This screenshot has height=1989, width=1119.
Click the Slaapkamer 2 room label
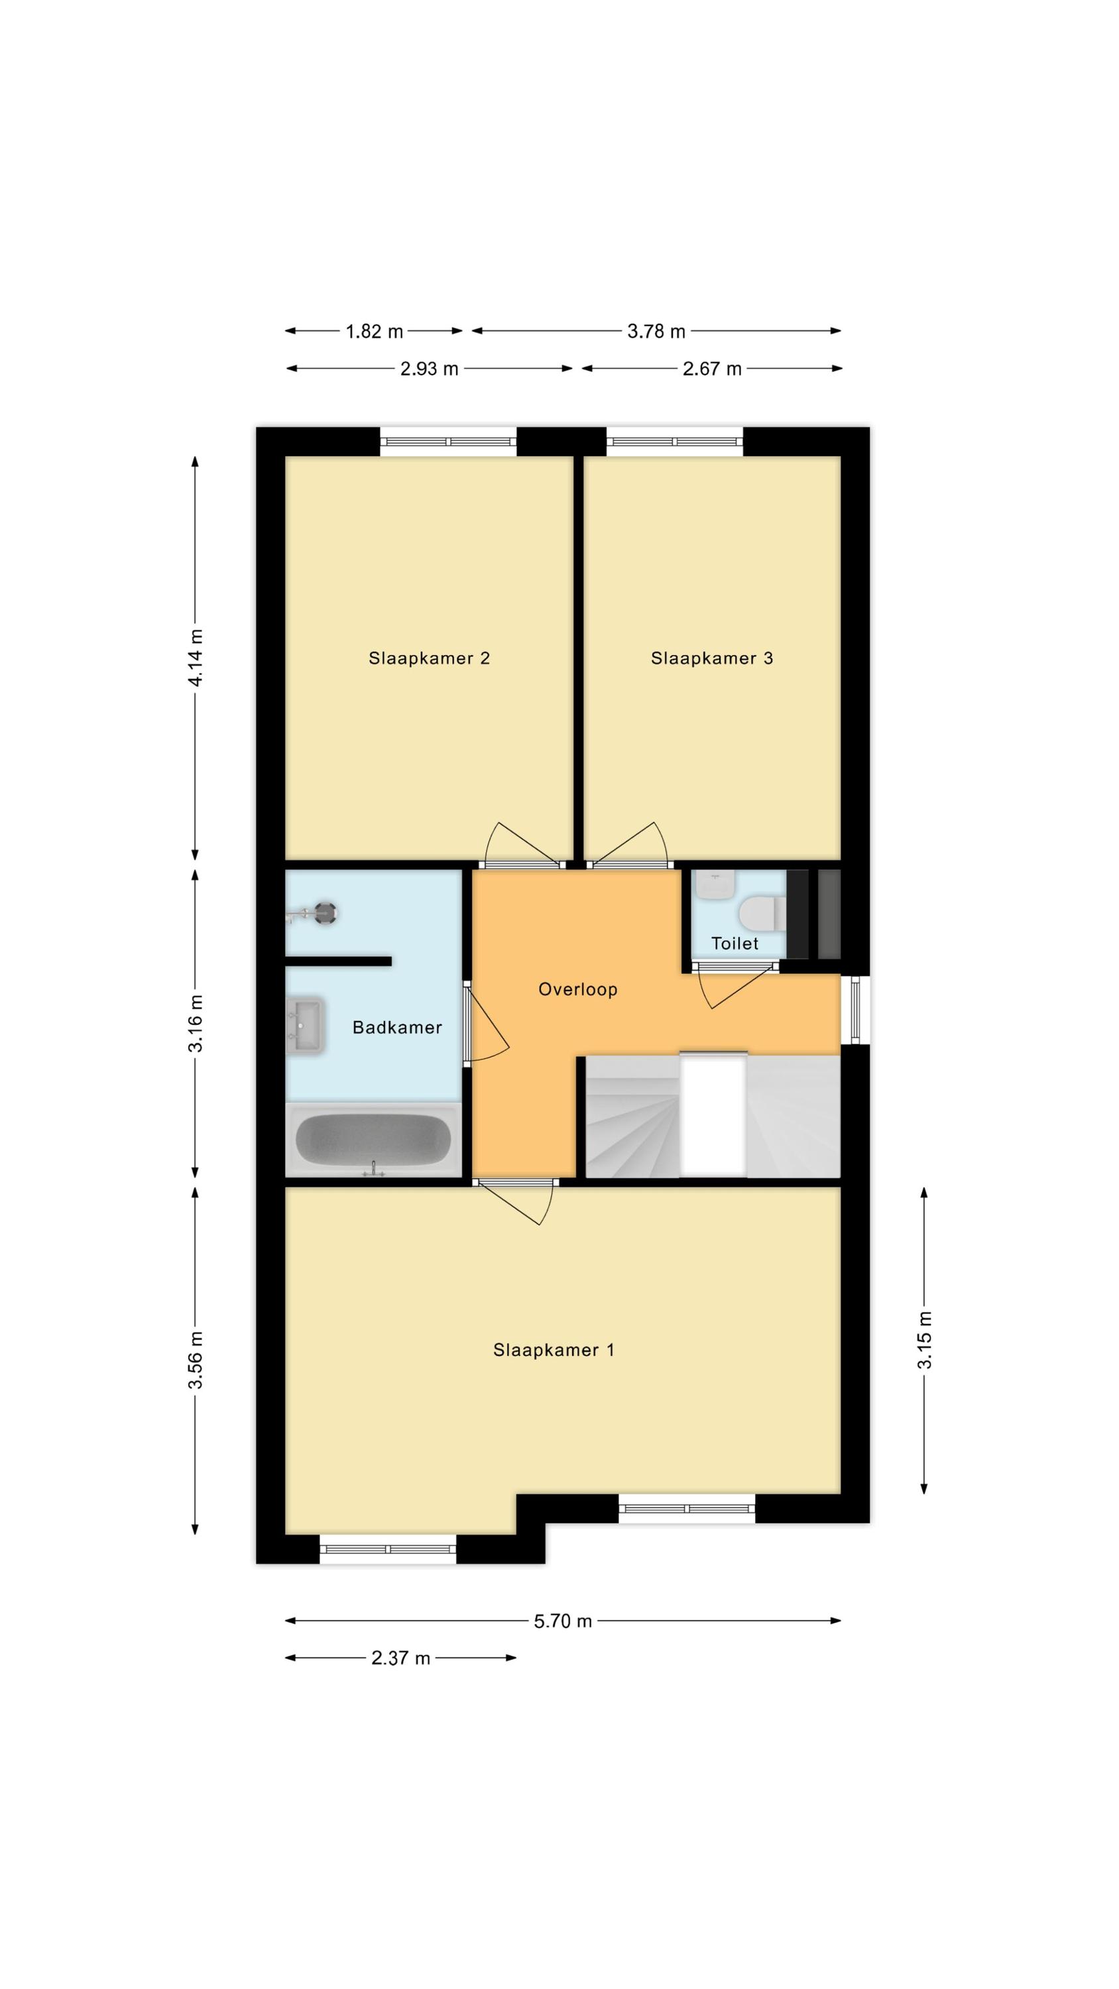(x=429, y=658)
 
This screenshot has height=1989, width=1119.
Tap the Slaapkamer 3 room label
(x=711, y=658)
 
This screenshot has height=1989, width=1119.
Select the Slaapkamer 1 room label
(x=554, y=1350)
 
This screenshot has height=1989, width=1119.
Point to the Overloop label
(x=577, y=989)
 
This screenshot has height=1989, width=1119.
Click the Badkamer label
(x=397, y=1027)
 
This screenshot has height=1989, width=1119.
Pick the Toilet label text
(x=735, y=943)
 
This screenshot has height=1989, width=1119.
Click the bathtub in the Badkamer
(x=374, y=1140)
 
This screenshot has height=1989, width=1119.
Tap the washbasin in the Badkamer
(x=305, y=1027)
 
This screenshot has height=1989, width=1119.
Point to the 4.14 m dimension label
(x=196, y=658)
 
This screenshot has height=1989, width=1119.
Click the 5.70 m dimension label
(x=563, y=1620)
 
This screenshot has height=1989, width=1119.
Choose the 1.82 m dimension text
(x=374, y=331)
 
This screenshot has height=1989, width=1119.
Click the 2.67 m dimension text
(x=712, y=369)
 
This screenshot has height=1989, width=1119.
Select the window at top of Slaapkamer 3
(x=675, y=442)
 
